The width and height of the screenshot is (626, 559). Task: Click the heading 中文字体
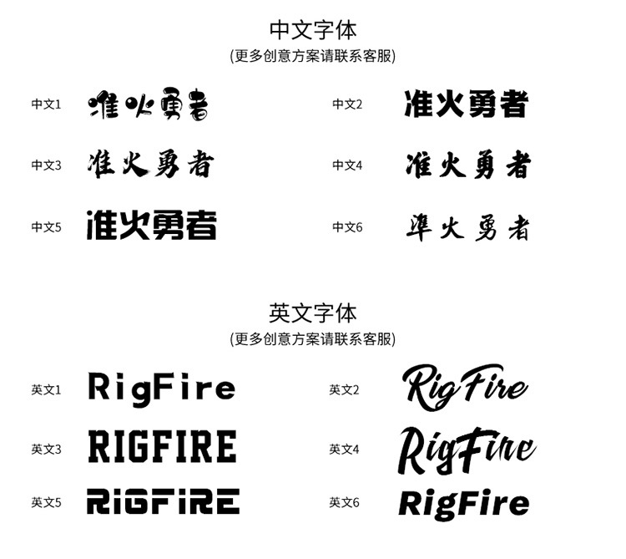tap(313, 30)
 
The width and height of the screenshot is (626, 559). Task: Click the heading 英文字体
tap(313, 313)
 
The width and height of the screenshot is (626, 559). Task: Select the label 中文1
tap(47, 104)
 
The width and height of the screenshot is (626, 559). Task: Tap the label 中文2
tap(347, 104)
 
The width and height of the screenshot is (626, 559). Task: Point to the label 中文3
tap(47, 165)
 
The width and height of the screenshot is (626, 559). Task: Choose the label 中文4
tap(347, 165)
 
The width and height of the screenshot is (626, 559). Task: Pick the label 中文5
tap(47, 226)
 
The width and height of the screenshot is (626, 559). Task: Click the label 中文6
tap(347, 226)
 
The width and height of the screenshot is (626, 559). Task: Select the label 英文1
tap(47, 389)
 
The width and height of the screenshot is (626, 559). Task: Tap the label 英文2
tap(344, 389)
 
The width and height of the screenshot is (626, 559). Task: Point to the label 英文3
tap(47, 450)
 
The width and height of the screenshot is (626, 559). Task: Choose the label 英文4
tap(344, 450)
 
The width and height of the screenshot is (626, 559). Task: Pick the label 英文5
tap(47, 502)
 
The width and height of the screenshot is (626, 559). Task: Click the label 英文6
tap(344, 502)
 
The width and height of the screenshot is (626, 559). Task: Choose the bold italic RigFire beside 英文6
tap(464, 503)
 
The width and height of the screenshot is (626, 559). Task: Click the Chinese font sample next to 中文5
tap(152, 226)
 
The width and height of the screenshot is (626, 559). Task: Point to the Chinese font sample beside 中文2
tap(467, 104)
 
